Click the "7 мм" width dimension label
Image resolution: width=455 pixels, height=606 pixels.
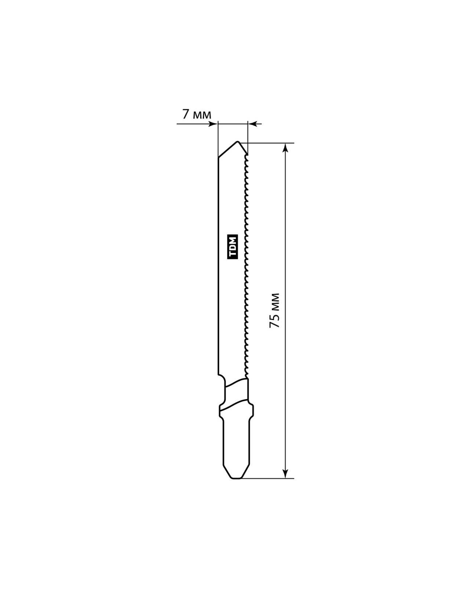click(x=196, y=114)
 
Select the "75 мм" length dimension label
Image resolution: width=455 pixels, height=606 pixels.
click(x=274, y=310)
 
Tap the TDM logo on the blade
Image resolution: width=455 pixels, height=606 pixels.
click(x=233, y=247)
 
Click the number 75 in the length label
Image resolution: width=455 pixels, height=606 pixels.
click(x=274, y=320)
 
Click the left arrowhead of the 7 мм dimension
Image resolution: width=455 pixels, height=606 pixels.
click(x=213, y=124)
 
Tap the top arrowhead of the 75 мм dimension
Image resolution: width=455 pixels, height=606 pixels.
click(x=285, y=148)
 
